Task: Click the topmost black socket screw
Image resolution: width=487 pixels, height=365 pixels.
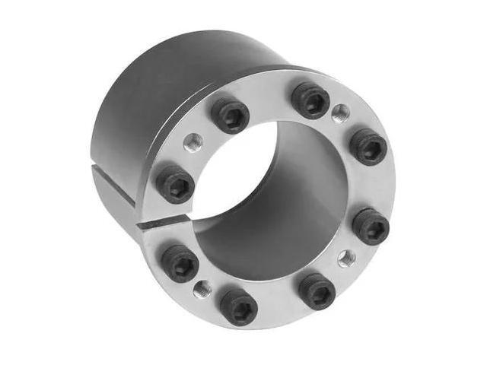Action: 311,100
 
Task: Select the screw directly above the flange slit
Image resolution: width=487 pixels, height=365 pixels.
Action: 176,183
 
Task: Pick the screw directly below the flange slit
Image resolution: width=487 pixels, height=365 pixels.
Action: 181,262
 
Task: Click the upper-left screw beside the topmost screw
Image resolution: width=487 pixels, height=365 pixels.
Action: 229,115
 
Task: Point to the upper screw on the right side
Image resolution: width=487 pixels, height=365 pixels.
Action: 368,145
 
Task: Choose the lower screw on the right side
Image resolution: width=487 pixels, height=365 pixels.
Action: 371,225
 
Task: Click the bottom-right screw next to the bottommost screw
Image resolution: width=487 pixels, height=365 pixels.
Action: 317,290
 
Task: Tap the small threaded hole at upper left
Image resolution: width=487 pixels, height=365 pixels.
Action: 194,142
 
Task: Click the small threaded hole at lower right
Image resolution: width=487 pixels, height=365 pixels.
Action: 345,257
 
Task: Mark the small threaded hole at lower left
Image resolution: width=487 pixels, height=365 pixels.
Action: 202,288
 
